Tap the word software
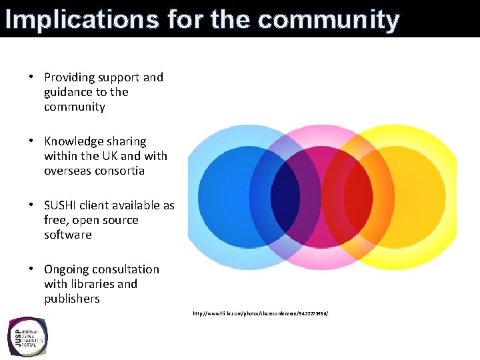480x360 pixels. [x=67, y=235]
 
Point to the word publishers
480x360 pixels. [x=72, y=299]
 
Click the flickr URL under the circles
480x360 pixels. [x=260, y=313]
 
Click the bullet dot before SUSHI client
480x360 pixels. [x=31, y=205]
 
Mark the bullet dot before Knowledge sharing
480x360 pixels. [x=31, y=141]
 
